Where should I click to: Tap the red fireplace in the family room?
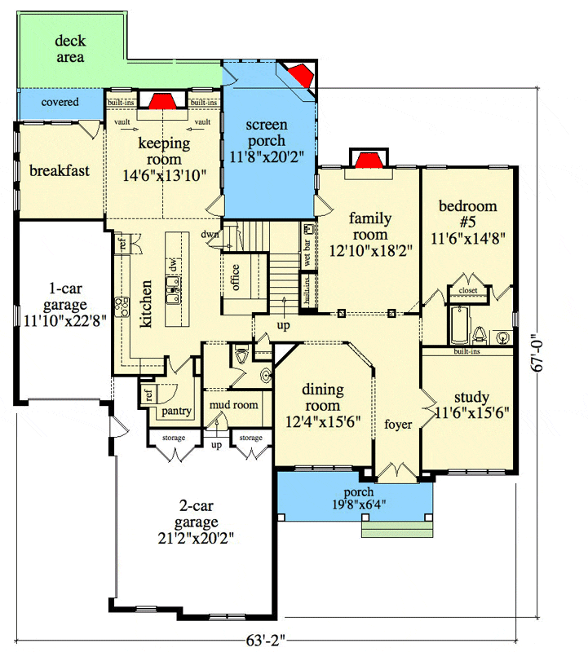click(369, 160)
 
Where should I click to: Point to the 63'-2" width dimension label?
click(266, 641)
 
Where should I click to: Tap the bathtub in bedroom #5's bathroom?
click(459, 325)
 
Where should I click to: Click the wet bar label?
click(307, 253)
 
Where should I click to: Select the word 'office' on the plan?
click(235, 277)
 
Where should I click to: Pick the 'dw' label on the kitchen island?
click(174, 265)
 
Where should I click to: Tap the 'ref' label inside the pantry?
click(149, 394)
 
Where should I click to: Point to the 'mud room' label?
click(233, 404)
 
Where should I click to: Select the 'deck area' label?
click(70, 49)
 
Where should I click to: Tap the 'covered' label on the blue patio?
click(60, 102)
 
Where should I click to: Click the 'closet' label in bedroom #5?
click(468, 290)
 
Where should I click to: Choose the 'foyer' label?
click(398, 425)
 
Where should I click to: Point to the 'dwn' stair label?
click(210, 234)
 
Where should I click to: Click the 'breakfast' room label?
click(60, 170)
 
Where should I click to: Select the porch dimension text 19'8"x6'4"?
click(359, 504)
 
